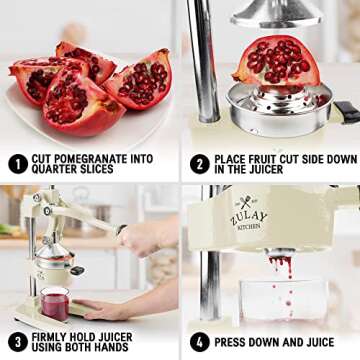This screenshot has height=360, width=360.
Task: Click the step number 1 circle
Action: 18,162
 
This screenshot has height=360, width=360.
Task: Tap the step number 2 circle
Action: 198,162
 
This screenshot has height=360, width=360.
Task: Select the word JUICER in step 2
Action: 273,170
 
